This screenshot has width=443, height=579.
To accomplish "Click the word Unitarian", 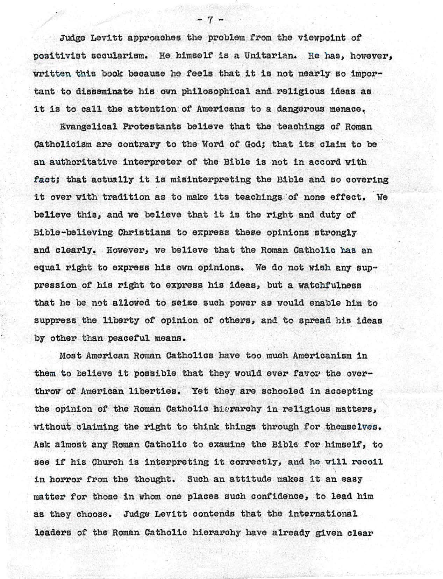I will tap(267, 55).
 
